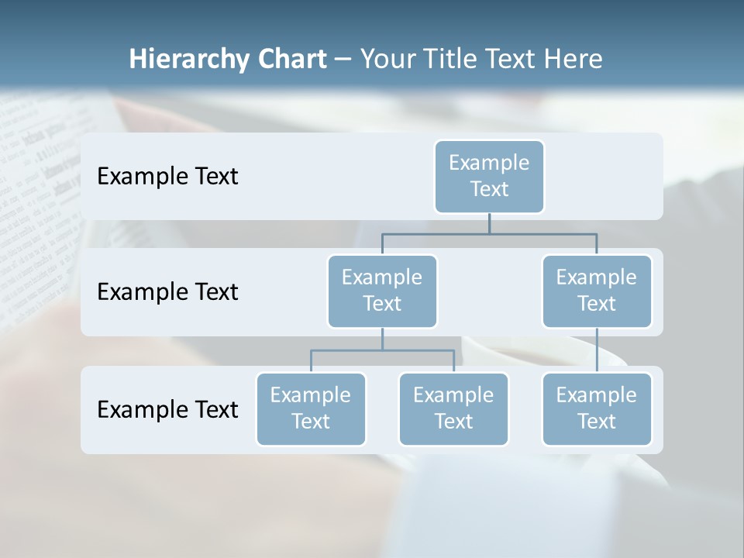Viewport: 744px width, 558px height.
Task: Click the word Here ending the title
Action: pos(573,60)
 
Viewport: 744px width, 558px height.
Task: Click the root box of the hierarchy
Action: pos(489,176)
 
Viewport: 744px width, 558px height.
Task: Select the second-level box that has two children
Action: pos(382,291)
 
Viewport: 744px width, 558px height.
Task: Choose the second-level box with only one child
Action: pos(597,291)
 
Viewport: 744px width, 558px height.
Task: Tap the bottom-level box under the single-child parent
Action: pos(597,408)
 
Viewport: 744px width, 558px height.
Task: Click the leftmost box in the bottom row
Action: pos(311,408)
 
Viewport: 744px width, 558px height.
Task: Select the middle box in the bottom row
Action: pos(453,408)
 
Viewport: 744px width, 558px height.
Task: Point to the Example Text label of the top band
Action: pos(167,177)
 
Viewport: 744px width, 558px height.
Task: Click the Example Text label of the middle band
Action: pos(167,292)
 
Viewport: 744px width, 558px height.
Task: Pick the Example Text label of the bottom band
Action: pos(167,409)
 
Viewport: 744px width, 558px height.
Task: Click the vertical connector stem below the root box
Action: pos(489,223)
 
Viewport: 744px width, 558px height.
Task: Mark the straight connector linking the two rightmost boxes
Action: pos(597,350)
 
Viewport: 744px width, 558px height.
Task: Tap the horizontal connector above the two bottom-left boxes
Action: pos(382,350)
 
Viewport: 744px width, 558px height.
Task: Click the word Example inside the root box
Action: pos(489,163)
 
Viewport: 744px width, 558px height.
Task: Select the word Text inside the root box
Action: pos(489,189)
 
